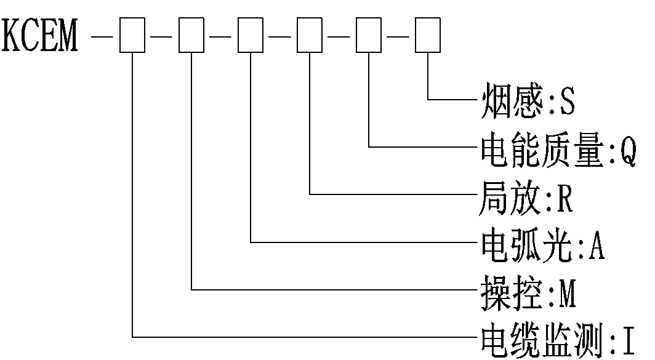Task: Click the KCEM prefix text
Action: pyautogui.click(x=40, y=36)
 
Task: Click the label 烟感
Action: pyautogui.click(x=512, y=100)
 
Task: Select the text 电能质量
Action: pyautogui.click(x=542, y=149)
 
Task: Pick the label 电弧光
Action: pyautogui.click(x=526, y=245)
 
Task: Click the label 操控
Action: pyautogui.click(x=512, y=293)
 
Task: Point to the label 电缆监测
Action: pyautogui.click(x=542, y=341)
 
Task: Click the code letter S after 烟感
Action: pyautogui.click(x=568, y=101)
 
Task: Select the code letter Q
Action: pyautogui.click(x=628, y=150)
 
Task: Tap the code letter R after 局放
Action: pyautogui.click(x=565, y=198)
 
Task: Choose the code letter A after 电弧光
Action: pyautogui.click(x=597, y=246)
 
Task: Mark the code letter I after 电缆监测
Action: pyautogui.click(x=629, y=341)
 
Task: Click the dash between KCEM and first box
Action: pyautogui.click(x=102, y=37)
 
